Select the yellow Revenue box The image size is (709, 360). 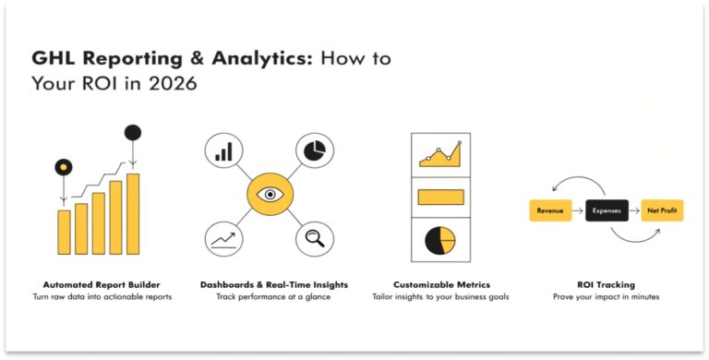[x=550, y=210]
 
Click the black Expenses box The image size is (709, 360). [x=607, y=210]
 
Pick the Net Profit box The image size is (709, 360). [x=662, y=210]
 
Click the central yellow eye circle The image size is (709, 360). [x=270, y=195]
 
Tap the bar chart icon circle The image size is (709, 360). [x=223, y=150]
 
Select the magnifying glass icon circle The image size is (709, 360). [x=315, y=239]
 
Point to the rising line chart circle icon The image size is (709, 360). [x=223, y=239]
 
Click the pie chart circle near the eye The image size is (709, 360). [x=315, y=150]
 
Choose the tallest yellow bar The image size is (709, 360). [x=133, y=213]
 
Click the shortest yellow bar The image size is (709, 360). [x=64, y=232]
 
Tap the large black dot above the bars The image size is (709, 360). [x=133, y=132]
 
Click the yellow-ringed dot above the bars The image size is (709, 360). [x=63, y=167]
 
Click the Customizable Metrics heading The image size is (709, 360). [x=441, y=284]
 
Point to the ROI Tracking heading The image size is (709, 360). [x=607, y=284]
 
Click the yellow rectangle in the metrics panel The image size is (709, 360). [x=441, y=197]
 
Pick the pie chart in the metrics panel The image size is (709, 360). [x=440, y=239]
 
